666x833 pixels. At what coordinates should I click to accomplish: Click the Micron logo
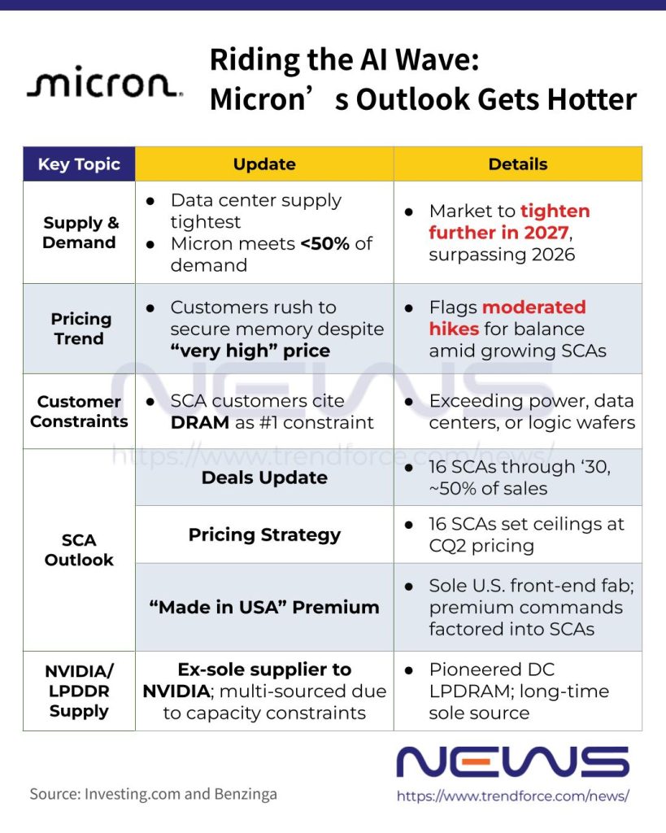click(105, 82)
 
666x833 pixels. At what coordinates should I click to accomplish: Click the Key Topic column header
click(79, 164)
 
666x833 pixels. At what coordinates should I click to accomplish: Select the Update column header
click(264, 164)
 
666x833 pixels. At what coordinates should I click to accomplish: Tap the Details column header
click(518, 164)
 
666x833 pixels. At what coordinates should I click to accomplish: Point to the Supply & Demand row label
click(80, 232)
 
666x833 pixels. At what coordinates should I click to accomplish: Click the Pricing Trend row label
click(81, 329)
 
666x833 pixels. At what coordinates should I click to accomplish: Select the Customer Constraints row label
click(79, 411)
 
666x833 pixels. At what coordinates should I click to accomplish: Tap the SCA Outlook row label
click(79, 550)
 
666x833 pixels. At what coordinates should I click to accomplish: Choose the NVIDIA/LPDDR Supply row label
click(79, 691)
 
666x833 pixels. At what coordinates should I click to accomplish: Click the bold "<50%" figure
click(325, 243)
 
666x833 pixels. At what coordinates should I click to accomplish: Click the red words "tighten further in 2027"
click(509, 222)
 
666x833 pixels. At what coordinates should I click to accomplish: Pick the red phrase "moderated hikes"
click(507, 318)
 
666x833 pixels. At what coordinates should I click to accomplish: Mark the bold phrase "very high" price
click(250, 351)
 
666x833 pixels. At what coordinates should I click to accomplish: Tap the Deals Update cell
click(264, 478)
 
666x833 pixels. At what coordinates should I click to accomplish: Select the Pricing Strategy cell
click(264, 535)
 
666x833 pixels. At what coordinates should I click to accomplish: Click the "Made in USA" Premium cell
click(264, 607)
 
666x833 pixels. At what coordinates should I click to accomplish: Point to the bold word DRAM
click(200, 422)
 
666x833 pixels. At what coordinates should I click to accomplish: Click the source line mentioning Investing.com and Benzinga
click(154, 794)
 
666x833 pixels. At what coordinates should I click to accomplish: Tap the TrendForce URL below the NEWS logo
click(513, 796)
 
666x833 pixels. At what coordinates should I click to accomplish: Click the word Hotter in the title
click(592, 99)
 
